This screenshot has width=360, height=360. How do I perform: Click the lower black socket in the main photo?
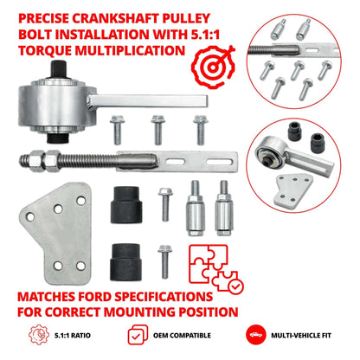[126, 258]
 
